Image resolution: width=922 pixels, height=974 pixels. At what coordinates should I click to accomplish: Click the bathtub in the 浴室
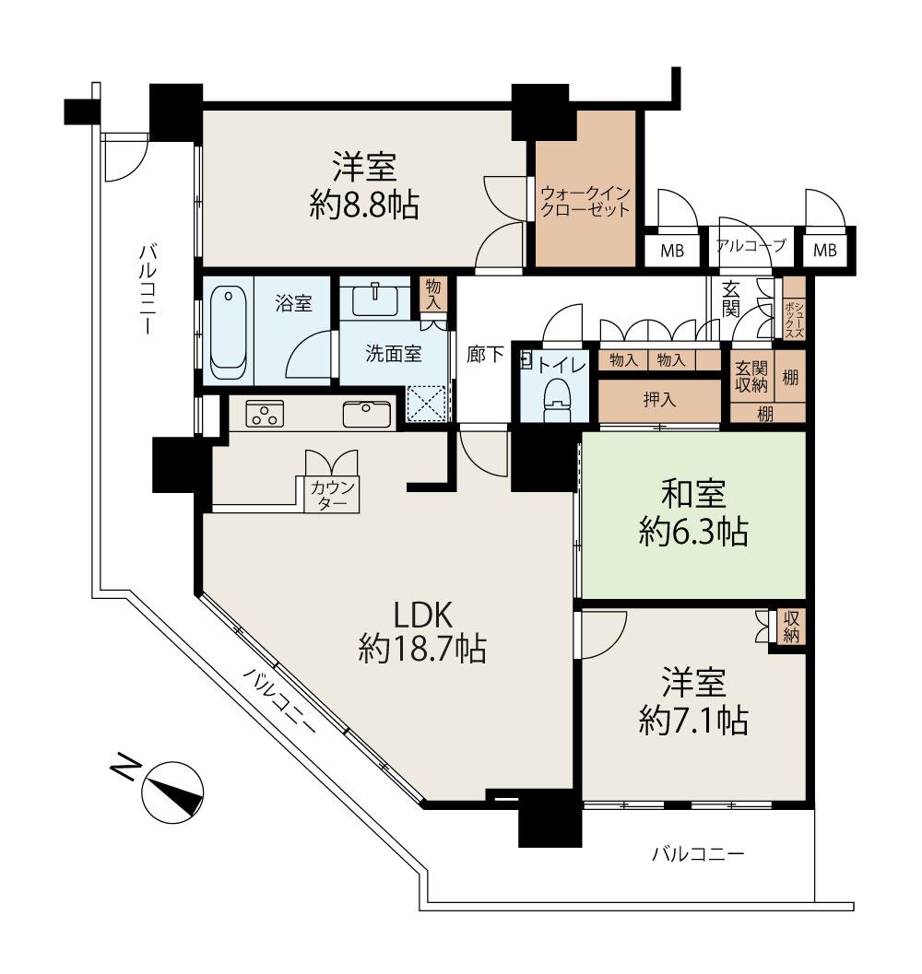[x=228, y=333]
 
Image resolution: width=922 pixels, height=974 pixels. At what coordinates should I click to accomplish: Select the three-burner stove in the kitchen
[x=265, y=415]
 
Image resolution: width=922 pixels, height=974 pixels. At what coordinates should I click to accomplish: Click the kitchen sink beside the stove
[x=367, y=415]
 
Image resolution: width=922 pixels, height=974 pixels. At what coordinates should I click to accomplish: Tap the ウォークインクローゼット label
[x=585, y=201]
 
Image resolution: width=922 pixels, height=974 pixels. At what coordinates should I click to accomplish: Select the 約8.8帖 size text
[x=364, y=205]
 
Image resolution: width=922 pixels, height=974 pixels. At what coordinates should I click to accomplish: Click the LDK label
[x=423, y=615]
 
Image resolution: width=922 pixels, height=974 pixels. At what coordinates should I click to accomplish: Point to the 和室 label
[x=693, y=494]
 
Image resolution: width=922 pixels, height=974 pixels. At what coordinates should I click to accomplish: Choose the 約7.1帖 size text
[x=693, y=720]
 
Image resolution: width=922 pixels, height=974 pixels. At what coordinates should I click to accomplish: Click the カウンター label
[x=332, y=495]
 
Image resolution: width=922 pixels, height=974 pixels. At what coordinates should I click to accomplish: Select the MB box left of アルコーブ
[x=672, y=251]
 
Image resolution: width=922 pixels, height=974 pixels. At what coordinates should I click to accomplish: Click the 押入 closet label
[x=659, y=399]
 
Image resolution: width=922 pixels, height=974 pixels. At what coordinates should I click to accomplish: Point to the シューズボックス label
[x=794, y=315]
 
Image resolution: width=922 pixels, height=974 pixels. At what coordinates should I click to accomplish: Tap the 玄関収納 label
[x=751, y=377]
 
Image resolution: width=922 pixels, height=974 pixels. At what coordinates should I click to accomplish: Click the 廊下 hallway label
[x=485, y=354]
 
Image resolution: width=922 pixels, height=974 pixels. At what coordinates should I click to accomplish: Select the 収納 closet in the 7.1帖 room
[x=791, y=628]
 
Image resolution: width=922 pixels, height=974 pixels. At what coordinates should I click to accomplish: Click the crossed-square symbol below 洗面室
[x=427, y=404]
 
